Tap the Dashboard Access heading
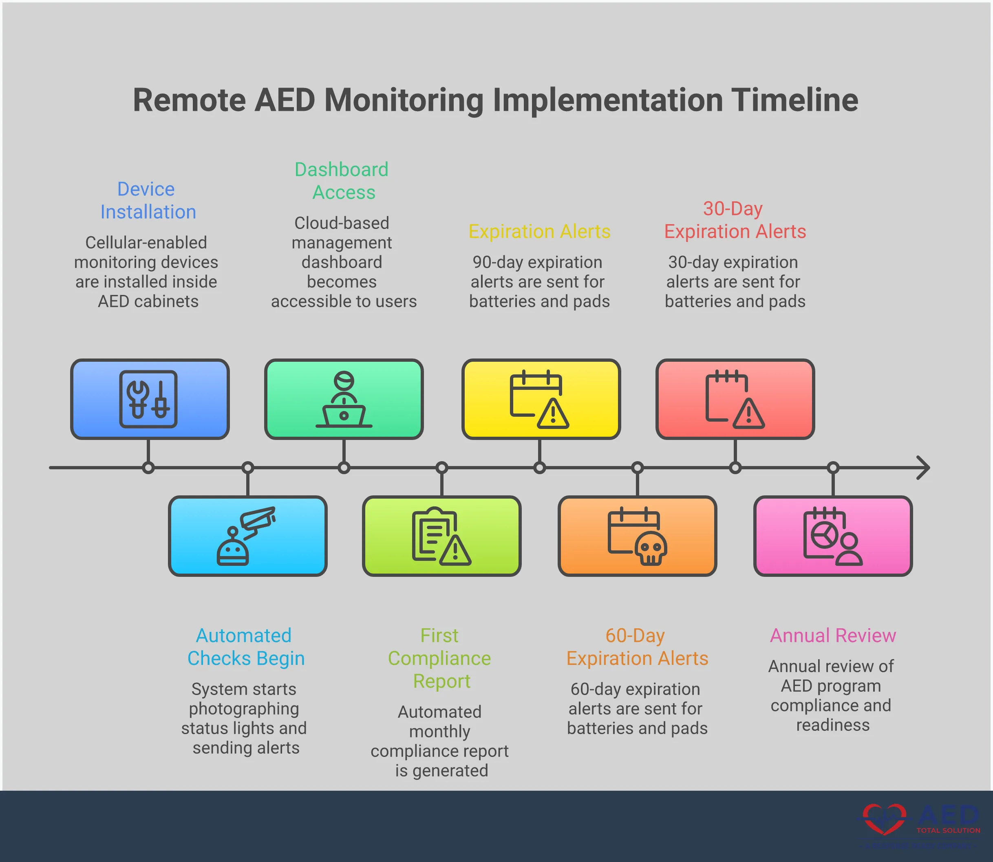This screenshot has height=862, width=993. coord(342,181)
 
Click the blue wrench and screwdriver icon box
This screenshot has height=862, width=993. coord(150,399)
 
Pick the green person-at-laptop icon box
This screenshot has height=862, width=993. coord(344,399)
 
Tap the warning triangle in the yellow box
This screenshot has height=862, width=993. coord(553,413)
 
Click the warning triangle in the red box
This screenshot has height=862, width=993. coord(748,413)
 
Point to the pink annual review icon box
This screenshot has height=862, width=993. coord(833,536)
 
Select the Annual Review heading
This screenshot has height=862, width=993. coord(833,636)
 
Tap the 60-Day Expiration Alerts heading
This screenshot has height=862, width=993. coord(637,647)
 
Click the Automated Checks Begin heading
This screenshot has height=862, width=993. coord(245,647)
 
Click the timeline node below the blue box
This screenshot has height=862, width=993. coord(148,468)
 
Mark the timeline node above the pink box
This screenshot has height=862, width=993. coord(833,468)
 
